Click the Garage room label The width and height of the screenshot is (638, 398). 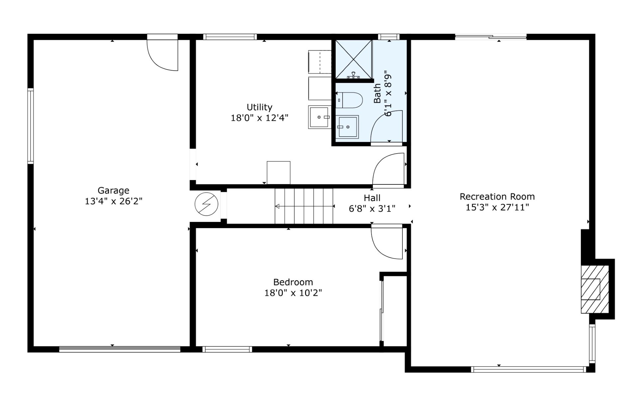click(113, 191)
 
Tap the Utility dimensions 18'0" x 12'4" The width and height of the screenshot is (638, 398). click(260, 118)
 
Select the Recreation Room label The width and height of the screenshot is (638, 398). click(497, 197)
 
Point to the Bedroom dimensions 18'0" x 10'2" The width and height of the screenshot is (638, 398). click(293, 293)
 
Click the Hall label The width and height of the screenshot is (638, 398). click(372, 198)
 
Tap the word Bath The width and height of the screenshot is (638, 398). click(377, 93)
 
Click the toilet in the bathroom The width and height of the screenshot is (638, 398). click(349, 100)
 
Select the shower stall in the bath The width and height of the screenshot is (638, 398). click(354, 60)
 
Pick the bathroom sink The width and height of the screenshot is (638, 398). click(347, 127)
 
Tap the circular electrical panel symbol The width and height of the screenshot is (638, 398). click(206, 204)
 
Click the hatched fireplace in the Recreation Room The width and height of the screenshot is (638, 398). click(595, 289)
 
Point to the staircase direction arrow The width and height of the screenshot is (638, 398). click(304, 206)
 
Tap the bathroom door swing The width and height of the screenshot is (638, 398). click(386, 126)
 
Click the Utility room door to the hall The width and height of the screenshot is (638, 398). click(388, 169)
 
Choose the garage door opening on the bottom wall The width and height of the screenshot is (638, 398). click(120, 349)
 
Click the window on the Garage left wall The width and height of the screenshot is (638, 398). click(31, 126)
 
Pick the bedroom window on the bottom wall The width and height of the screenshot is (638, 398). click(227, 349)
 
